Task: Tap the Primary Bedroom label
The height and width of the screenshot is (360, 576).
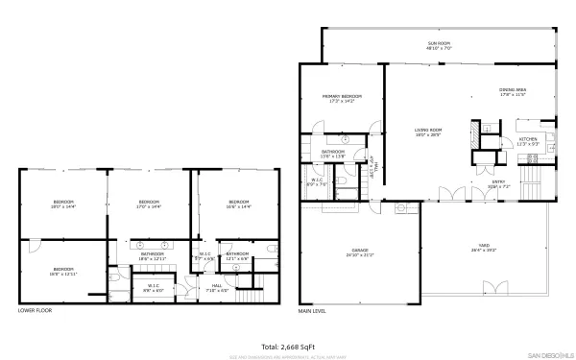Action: point(341,98)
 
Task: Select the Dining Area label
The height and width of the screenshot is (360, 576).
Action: point(513,92)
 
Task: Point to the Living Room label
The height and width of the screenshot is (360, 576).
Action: point(427,132)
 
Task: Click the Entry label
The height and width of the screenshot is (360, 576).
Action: point(499,183)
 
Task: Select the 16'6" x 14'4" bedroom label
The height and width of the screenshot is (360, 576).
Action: point(238,204)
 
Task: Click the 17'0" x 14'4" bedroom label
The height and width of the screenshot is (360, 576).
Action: point(149,204)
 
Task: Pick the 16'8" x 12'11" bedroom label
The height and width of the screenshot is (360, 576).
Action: point(63,272)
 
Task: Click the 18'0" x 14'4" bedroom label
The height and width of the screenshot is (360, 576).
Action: point(63,204)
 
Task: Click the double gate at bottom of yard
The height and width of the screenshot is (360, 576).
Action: point(495,286)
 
